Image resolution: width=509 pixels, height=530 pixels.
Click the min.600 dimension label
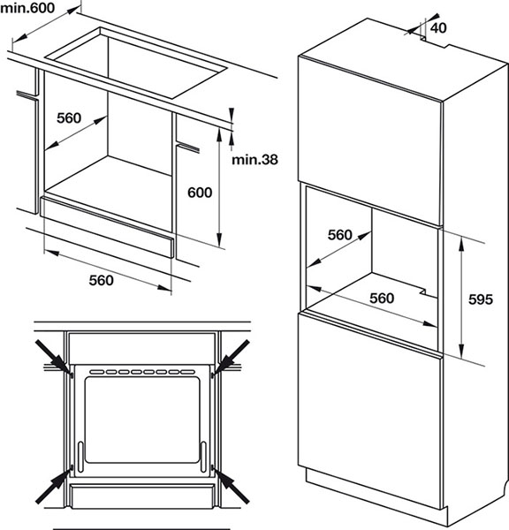[27, 8]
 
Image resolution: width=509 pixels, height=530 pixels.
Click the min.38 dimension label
[254, 159]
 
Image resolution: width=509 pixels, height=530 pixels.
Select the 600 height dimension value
[200, 193]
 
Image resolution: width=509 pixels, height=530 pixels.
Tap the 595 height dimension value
[480, 299]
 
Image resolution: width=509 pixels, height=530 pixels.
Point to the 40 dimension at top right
[438, 27]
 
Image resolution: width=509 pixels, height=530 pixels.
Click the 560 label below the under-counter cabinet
[101, 280]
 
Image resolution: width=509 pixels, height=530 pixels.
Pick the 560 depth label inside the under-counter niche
[69, 117]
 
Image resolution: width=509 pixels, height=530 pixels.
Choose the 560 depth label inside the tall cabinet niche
[340, 235]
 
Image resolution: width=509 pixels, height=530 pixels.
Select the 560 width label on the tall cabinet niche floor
[382, 299]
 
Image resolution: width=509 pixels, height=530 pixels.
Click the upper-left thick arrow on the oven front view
[54, 358]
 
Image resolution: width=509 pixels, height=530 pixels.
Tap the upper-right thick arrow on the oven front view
[232, 358]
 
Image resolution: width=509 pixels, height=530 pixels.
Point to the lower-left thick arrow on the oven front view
[54, 486]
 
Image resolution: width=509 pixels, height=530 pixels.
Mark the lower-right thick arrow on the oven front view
[232, 486]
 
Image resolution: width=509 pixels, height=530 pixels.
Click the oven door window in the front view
[142, 420]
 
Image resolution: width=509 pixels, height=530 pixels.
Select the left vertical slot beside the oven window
[80, 457]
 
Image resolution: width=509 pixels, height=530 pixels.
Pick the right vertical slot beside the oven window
[203, 457]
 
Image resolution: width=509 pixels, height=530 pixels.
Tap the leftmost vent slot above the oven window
[97, 372]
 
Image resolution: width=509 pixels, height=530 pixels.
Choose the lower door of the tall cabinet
[369, 411]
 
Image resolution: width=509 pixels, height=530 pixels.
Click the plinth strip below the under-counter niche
[107, 227]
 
